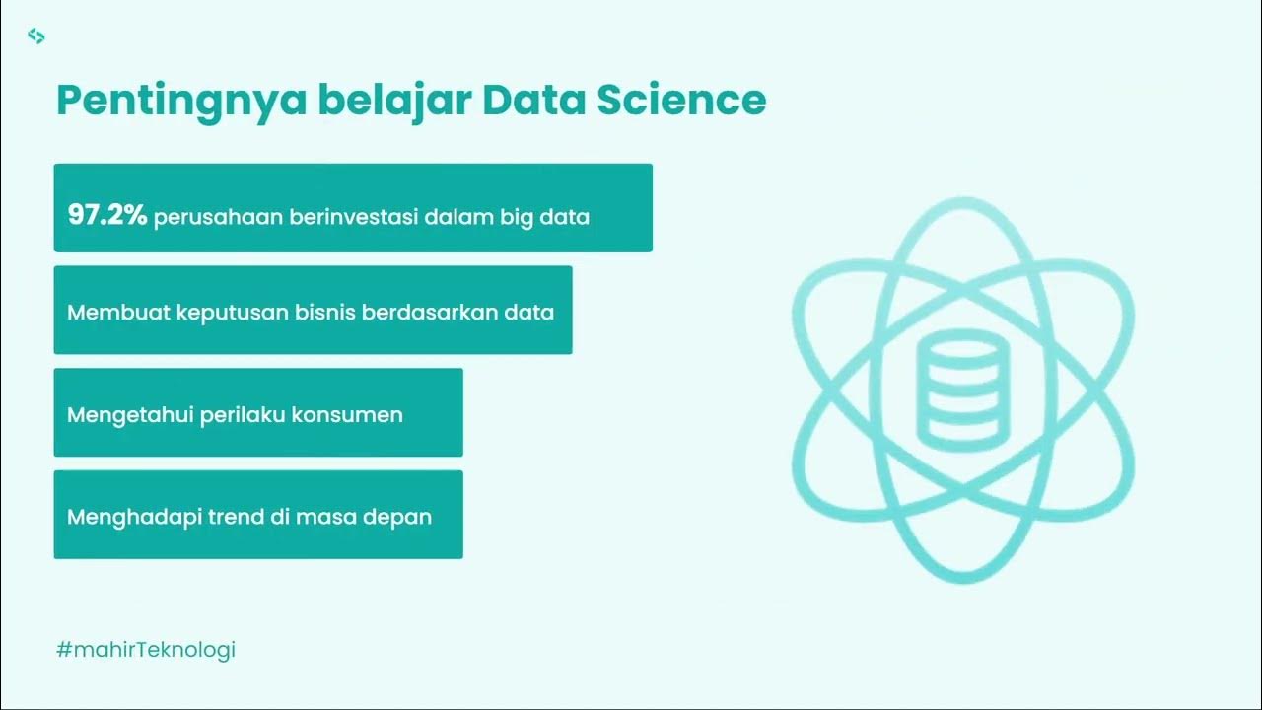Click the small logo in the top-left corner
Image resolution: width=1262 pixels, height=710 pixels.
36,36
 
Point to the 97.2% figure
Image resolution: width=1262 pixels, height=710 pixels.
106,216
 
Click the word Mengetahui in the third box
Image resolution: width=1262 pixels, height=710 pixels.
128,415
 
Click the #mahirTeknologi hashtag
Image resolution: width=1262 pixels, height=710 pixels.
146,650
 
